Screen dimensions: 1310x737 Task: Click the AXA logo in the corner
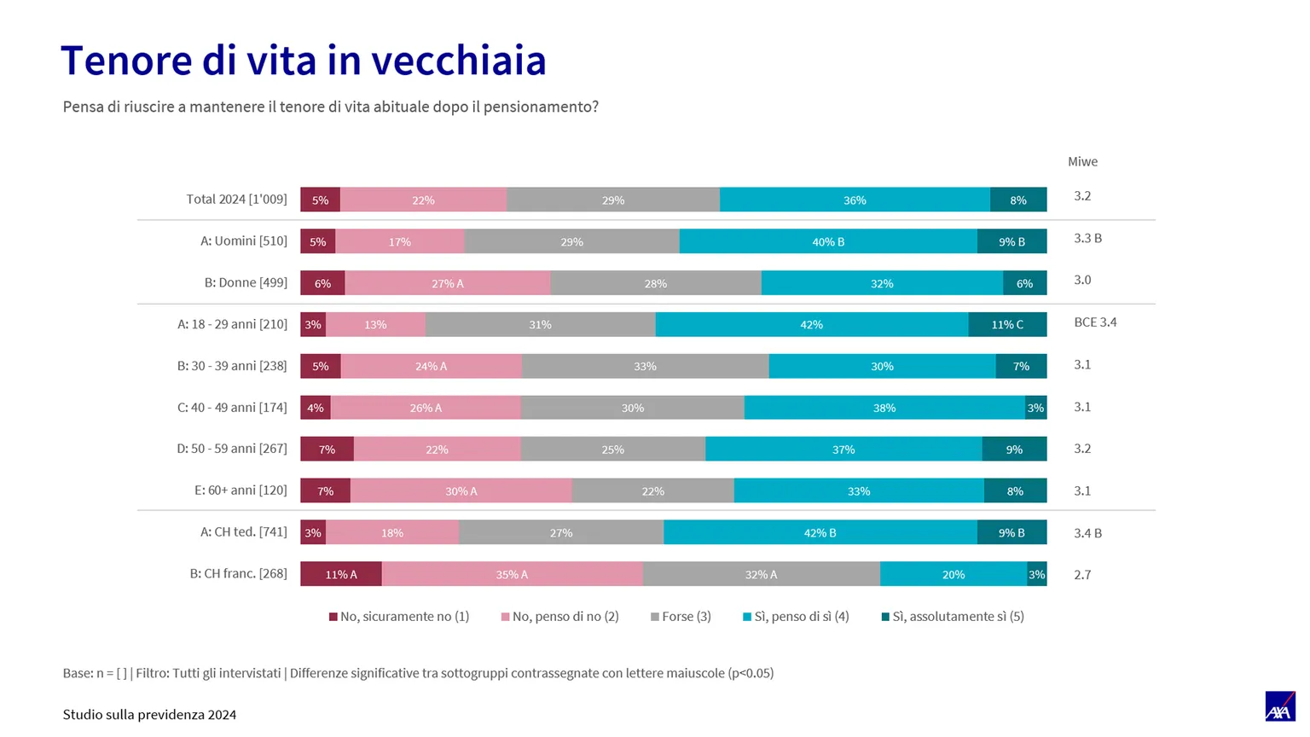(1280, 706)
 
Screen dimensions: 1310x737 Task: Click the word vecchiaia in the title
(459, 60)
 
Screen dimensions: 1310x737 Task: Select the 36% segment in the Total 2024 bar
(855, 200)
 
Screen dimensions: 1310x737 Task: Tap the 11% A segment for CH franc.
(341, 574)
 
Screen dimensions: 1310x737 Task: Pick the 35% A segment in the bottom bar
(513, 574)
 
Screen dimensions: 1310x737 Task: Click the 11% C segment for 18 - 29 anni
(1007, 324)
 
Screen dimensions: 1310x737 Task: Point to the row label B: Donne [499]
(246, 282)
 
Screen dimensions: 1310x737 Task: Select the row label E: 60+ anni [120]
(241, 490)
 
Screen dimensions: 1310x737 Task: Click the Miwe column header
(1082, 161)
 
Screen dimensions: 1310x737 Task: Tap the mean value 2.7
(1082, 574)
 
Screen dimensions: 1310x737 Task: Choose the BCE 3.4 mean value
(1095, 322)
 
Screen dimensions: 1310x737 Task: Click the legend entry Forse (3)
(681, 616)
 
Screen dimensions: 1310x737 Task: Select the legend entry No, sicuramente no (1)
(399, 616)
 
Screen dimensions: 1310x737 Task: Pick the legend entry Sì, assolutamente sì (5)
(953, 616)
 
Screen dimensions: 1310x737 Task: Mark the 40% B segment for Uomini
(828, 241)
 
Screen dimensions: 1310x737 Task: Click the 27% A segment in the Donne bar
(448, 282)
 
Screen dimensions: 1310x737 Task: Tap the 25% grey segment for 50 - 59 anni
(613, 449)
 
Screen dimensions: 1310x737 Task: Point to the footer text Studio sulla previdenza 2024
(150, 715)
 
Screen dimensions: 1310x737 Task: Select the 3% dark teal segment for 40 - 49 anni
(1035, 407)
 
